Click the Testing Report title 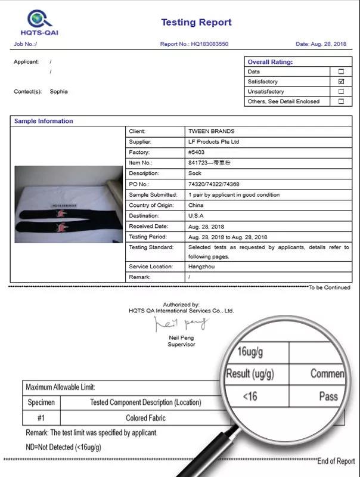point(196,23)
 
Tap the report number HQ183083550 point(209,44)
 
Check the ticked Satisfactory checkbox point(341,81)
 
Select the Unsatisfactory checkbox point(341,91)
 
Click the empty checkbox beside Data point(341,72)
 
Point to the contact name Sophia point(58,91)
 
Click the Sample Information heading point(44,121)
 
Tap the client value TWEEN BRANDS point(211,131)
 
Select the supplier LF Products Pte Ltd point(213,142)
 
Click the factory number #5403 point(196,153)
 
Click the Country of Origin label point(151,205)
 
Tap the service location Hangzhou point(201,267)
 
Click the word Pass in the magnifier point(328,397)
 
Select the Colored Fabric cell point(145,418)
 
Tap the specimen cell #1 point(41,418)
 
